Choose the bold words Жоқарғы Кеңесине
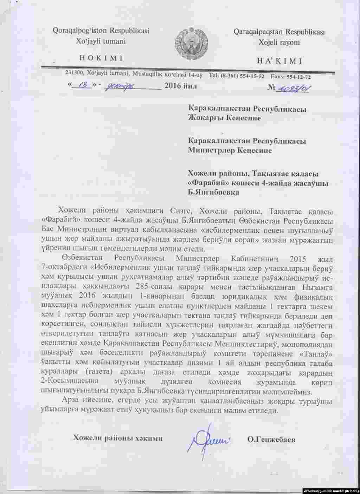(x=224, y=118)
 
